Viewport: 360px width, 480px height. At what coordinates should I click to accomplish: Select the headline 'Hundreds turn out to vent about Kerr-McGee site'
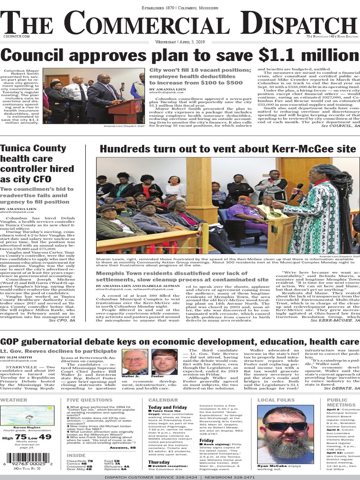click(x=228, y=149)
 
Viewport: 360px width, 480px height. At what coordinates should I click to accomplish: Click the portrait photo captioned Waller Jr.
click(x=134, y=361)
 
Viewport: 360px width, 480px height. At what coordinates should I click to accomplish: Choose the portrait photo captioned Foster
click(x=164, y=361)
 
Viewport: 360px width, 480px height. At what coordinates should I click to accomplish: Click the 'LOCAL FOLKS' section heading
click(x=276, y=400)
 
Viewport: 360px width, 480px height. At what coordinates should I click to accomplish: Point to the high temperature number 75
click(x=21, y=437)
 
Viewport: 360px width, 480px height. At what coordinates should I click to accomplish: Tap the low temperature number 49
click(x=45, y=437)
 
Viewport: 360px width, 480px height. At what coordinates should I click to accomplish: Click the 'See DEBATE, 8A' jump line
click(x=342, y=389)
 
